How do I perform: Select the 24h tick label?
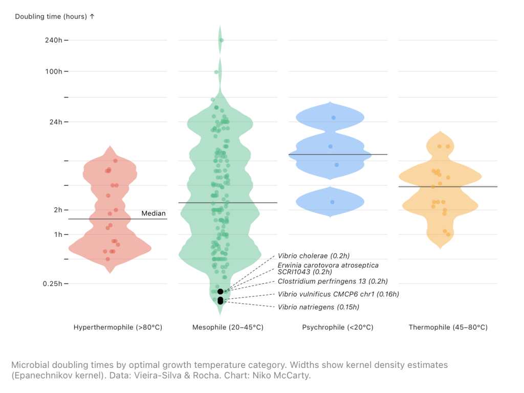pyautogui.click(x=55, y=122)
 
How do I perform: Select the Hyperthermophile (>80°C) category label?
pyautogui.click(x=118, y=327)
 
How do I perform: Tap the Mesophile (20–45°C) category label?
pyautogui.click(x=228, y=327)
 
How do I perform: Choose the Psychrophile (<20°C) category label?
pyautogui.click(x=338, y=327)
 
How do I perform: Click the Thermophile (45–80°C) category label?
pyautogui.click(x=448, y=327)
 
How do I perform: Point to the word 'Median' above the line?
pyautogui.click(x=154, y=213)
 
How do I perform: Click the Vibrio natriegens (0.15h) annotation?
pyautogui.click(x=318, y=307)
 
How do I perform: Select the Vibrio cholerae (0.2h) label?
pyautogui.click(x=314, y=255)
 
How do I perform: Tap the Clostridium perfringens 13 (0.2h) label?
pyautogui.click(x=333, y=281)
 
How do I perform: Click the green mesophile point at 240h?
pyautogui.click(x=221, y=40)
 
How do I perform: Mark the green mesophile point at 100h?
pyautogui.click(x=216, y=72)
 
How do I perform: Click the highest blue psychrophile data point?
pyautogui.click(x=334, y=118)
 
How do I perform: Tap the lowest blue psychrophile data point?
pyautogui.click(x=332, y=202)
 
